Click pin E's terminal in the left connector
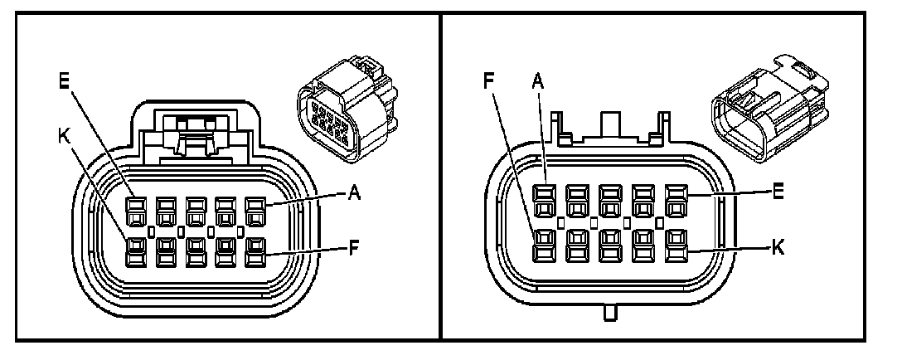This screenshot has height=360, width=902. coord(135,207)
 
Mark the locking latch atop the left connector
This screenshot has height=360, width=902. coord(196,133)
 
